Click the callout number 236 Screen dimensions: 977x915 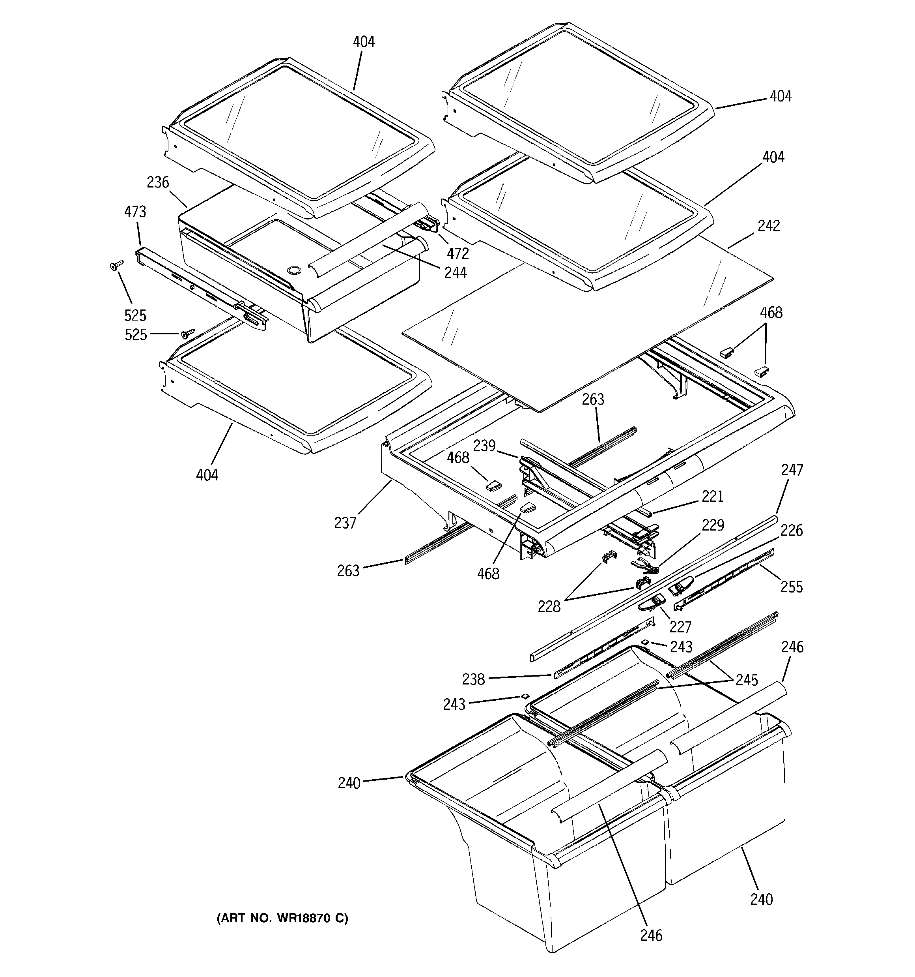(x=158, y=183)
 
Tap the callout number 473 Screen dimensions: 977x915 (x=135, y=212)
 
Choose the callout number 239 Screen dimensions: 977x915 (x=484, y=446)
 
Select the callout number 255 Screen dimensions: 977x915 (x=791, y=587)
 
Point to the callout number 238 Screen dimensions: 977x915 (x=473, y=679)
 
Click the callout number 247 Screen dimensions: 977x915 (x=792, y=470)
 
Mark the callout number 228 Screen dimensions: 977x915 (x=549, y=607)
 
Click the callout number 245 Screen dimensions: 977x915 (x=747, y=680)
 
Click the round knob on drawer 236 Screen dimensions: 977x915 (x=293, y=270)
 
